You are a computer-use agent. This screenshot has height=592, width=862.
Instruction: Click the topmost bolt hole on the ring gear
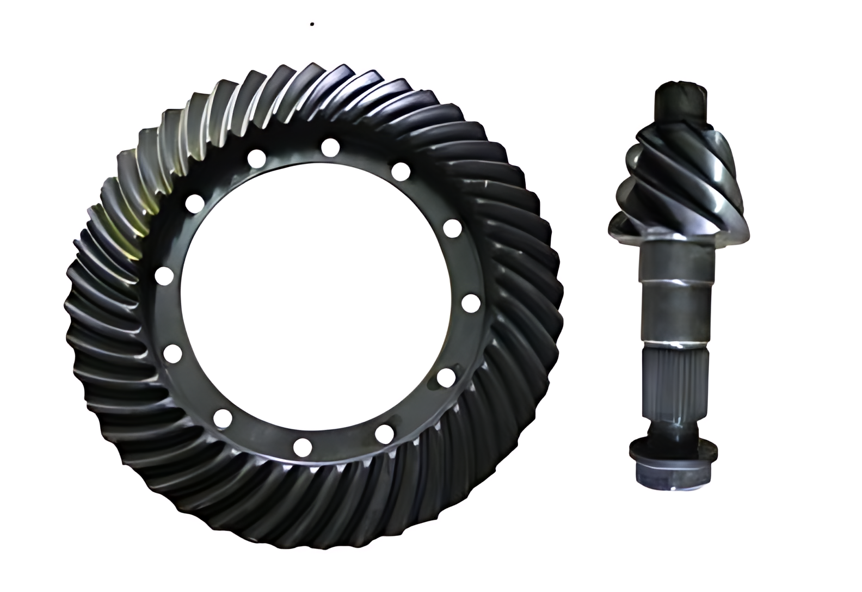pos(330,147)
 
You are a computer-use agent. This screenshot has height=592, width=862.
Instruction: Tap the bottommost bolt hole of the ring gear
pos(302,447)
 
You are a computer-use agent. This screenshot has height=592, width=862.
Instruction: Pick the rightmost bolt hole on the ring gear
pos(471,303)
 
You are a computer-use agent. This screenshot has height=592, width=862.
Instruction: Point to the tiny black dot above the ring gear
pos(312,24)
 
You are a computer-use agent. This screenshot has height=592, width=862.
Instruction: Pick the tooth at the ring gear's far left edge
pos(71,305)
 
